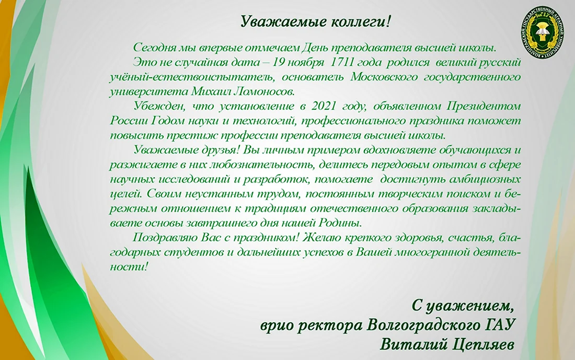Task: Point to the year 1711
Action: [342, 62]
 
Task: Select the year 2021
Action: [324, 106]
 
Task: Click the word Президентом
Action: [484, 106]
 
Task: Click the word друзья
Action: [221, 150]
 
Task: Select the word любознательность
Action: [261, 165]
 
